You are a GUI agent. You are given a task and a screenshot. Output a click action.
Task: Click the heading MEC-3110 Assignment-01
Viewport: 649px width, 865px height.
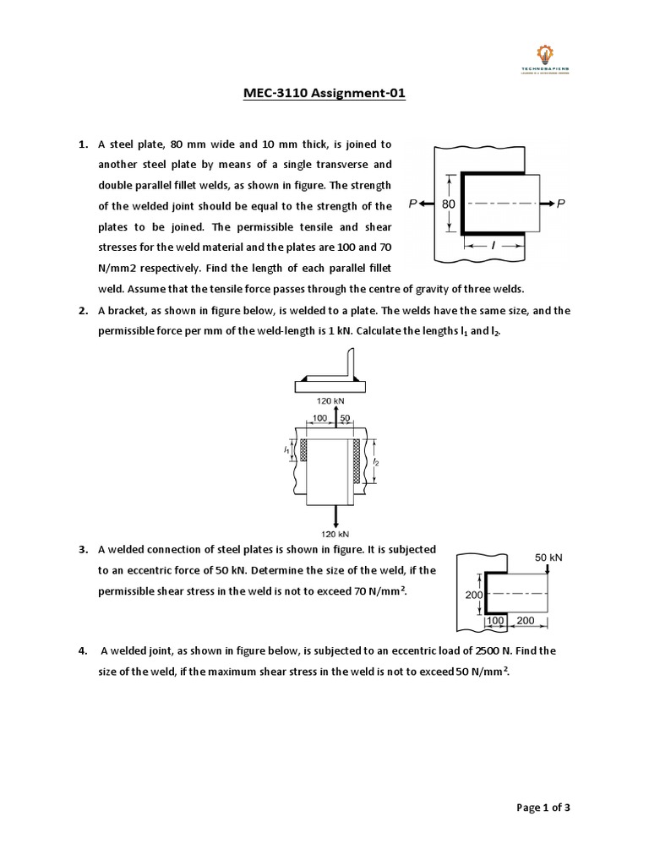point(324,94)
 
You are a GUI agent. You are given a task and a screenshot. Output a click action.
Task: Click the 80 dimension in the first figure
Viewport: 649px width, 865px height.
point(448,204)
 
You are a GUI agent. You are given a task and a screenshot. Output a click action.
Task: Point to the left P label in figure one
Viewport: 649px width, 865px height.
point(412,204)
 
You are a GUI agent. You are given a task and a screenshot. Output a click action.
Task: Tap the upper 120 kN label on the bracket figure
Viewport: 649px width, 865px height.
point(329,400)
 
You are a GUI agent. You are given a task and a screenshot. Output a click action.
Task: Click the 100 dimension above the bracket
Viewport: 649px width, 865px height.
point(321,418)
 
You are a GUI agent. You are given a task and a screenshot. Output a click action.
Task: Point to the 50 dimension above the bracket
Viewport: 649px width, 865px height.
point(345,418)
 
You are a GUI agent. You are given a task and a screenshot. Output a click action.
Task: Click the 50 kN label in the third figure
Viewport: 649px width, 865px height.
point(548,558)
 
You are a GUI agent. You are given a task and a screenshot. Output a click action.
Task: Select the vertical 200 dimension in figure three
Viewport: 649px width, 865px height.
point(473,595)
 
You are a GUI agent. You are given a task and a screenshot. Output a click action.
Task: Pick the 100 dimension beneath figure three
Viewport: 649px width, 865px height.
point(495,621)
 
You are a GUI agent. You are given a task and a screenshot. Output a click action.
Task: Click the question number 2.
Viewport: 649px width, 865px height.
point(84,311)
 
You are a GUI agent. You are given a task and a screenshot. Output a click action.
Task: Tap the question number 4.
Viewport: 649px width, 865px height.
point(84,651)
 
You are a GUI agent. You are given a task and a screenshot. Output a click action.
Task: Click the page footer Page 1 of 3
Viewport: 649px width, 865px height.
point(543,808)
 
